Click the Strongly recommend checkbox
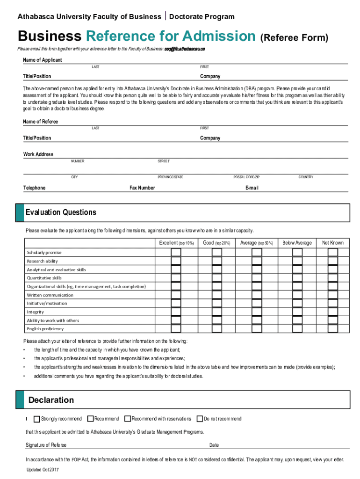[37, 419]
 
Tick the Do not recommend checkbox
[200, 419]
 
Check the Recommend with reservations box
[128, 419]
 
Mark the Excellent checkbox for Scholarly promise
[176, 253]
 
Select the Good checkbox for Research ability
[217, 261]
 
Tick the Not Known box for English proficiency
[332, 329]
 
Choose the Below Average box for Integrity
[297, 312]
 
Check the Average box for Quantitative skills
[257, 278]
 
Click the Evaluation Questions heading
[61, 212]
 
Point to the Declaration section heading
[51, 400]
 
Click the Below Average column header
[297, 243]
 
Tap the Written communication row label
[50, 295]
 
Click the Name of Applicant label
[43, 60]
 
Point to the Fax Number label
[142, 188]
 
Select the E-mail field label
[252, 188]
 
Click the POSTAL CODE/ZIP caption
[246, 177]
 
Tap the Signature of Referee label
[46, 445]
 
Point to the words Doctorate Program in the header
[202, 17]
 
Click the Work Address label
[38, 154]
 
